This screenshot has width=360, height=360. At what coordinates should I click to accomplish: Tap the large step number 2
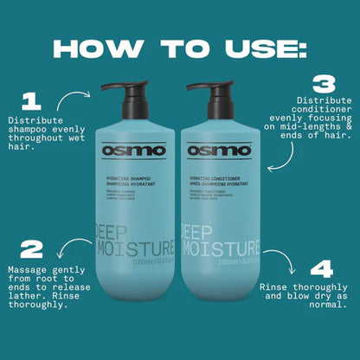click(x=31, y=249)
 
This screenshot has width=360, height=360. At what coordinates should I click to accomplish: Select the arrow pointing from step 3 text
click(x=280, y=163)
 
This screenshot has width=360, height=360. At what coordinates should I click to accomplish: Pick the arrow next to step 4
click(x=280, y=259)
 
